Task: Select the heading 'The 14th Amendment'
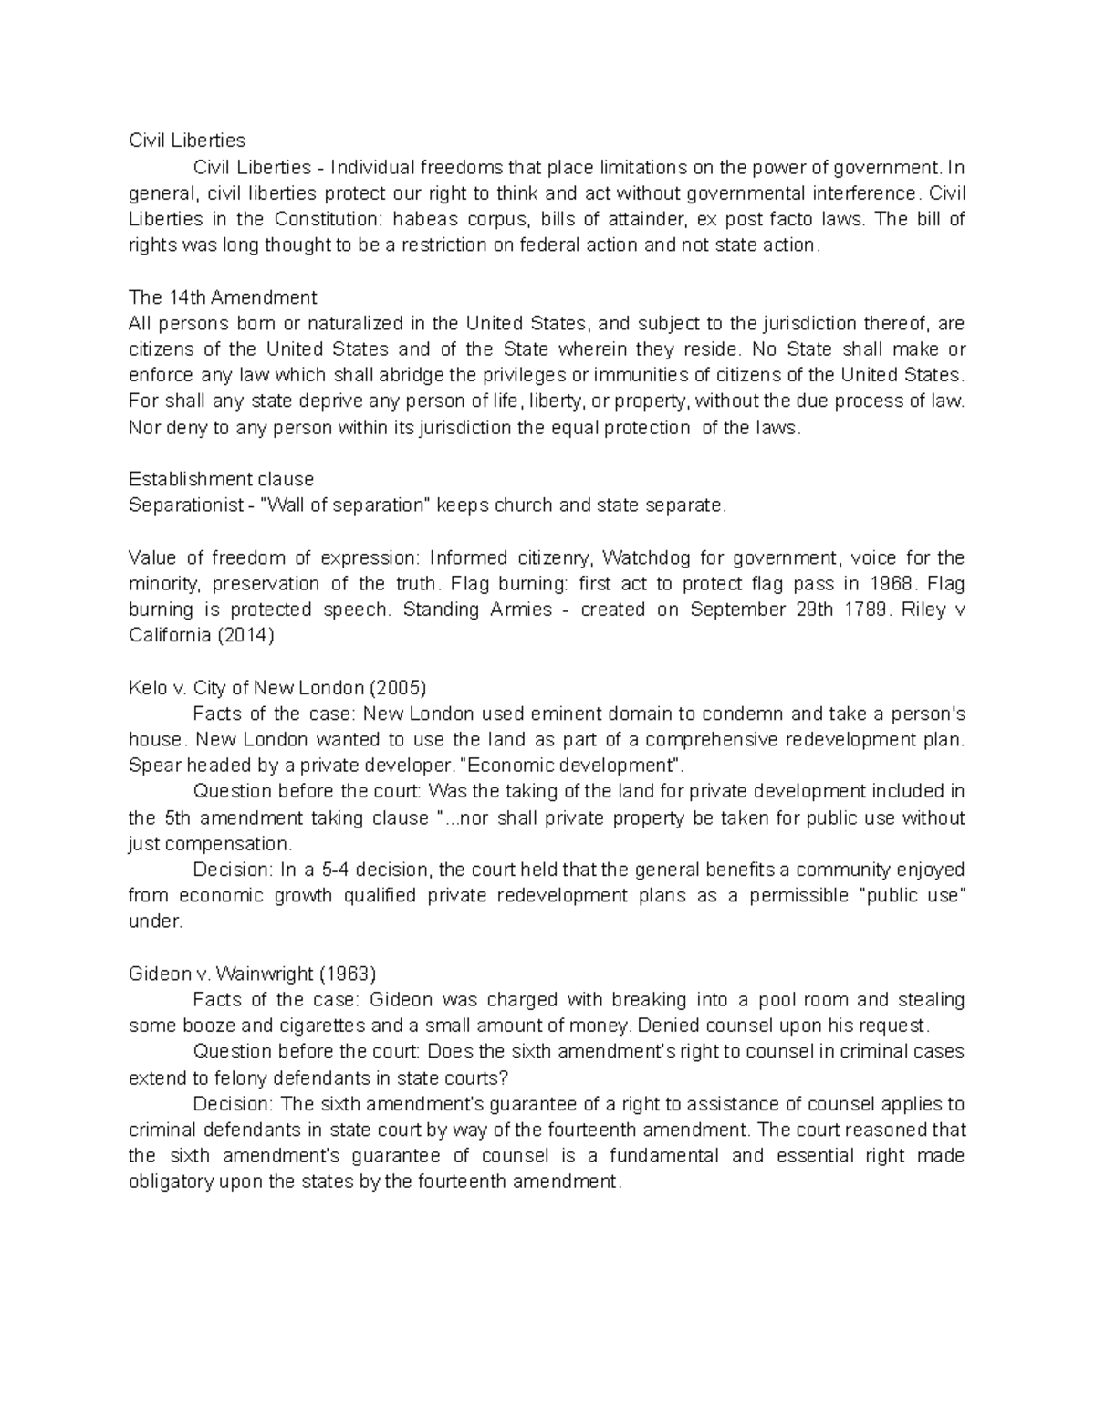(223, 297)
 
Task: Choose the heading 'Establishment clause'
(221, 479)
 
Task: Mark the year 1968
(890, 584)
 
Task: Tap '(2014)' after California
(245, 636)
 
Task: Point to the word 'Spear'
(151, 766)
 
